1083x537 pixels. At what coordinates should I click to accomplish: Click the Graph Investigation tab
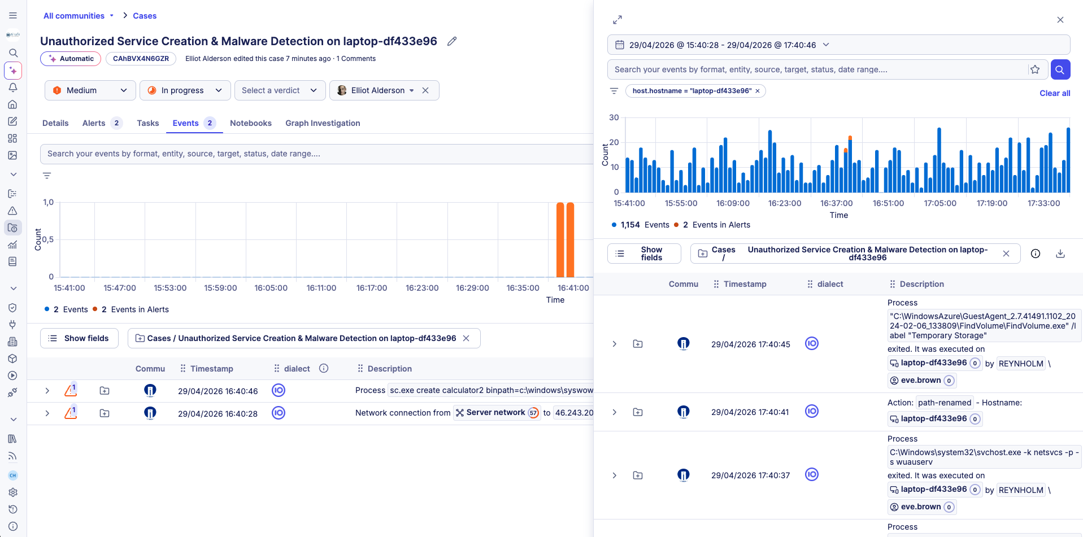pyautogui.click(x=322, y=123)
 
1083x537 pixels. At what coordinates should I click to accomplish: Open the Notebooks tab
pyautogui.click(x=250, y=123)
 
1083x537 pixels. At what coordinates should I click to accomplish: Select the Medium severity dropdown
pyautogui.click(x=90, y=90)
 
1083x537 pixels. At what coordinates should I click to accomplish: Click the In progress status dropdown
pyautogui.click(x=185, y=90)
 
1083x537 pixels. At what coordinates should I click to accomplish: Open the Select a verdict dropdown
pyautogui.click(x=280, y=90)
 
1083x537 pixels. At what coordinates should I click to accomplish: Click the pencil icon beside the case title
pyautogui.click(x=452, y=41)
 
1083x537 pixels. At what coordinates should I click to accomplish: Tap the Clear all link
pyautogui.click(x=1054, y=93)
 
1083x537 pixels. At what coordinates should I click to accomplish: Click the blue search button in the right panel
pyautogui.click(x=1060, y=69)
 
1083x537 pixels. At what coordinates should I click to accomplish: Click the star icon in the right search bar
pyautogui.click(x=1035, y=69)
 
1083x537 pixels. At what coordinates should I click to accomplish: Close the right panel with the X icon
pyautogui.click(x=1060, y=20)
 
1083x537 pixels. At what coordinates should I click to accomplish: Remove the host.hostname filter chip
pyautogui.click(x=758, y=91)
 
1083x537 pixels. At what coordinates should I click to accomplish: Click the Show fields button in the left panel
pyautogui.click(x=79, y=338)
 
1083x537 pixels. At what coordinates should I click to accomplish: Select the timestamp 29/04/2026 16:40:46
pyautogui.click(x=218, y=391)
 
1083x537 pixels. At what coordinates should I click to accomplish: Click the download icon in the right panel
pyautogui.click(x=1060, y=254)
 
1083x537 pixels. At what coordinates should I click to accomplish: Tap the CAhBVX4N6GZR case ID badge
pyautogui.click(x=141, y=59)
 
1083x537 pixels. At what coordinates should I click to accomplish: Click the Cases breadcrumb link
pyautogui.click(x=145, y=16)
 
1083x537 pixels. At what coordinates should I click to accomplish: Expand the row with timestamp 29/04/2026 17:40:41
pyautogui.click(x=614, y=412)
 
